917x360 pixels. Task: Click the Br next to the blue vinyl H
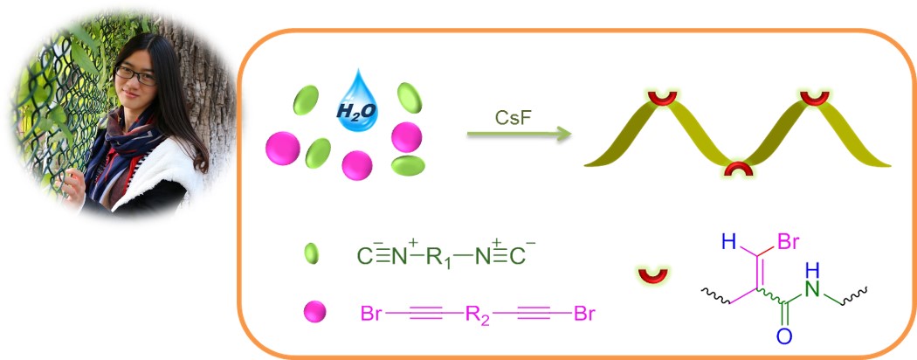787,242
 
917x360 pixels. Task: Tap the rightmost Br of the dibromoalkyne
585,312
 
